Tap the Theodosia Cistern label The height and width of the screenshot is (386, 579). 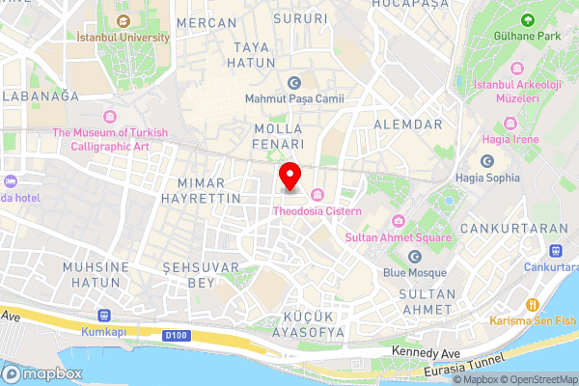(x=317, y=210)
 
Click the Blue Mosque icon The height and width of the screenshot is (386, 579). (x=415, y=257)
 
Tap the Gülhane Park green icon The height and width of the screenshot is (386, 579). (x=528, y=19)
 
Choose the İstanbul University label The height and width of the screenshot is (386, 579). (x=124, y=38)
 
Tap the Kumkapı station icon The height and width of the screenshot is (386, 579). (x=104, y=316)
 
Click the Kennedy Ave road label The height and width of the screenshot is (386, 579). (x=427, y=352)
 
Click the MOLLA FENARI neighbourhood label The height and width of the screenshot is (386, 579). (x=278, y=136)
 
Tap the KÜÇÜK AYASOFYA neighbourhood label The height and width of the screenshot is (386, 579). (x=314, y=324)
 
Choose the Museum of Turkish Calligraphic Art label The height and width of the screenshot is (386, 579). (x=110, y=140)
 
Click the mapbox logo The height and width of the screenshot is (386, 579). (x=43, y=373)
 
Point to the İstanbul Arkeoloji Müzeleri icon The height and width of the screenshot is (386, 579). (x=518, y=69)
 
